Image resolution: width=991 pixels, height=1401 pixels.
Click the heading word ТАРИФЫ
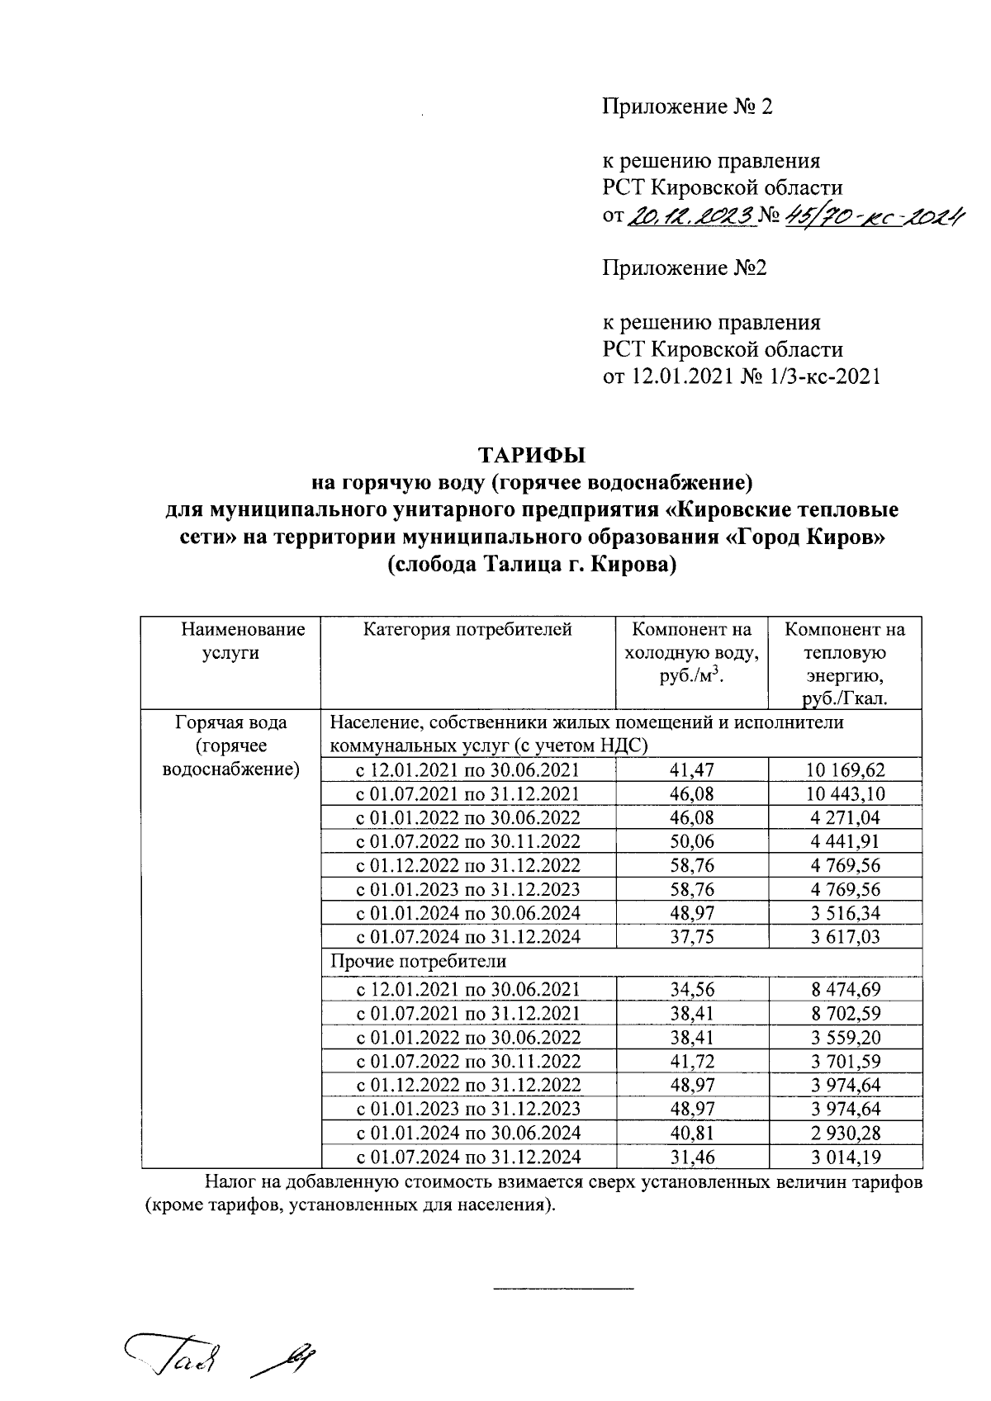coord(532,455)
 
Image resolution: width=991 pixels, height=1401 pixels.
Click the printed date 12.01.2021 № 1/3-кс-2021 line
coord(741,377)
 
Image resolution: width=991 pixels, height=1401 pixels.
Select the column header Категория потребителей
coord(467,630)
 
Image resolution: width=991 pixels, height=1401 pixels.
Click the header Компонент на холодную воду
coord(692,653)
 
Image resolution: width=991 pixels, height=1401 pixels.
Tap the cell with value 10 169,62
coord(844,770)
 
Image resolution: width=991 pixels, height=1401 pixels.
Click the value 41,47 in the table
coord(692,770)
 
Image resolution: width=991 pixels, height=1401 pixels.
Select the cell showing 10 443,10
coord(844,794)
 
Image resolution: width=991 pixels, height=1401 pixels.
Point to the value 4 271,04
coord(844,818)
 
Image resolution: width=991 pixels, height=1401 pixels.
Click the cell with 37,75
coord(692,937)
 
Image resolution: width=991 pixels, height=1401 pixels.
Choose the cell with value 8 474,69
coord(844,990)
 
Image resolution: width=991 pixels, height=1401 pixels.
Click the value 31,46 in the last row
coord(692,1157)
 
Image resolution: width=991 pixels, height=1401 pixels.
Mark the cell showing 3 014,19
coord(844,1157)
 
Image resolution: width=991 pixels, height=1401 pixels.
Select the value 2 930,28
coord(844,1133)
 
